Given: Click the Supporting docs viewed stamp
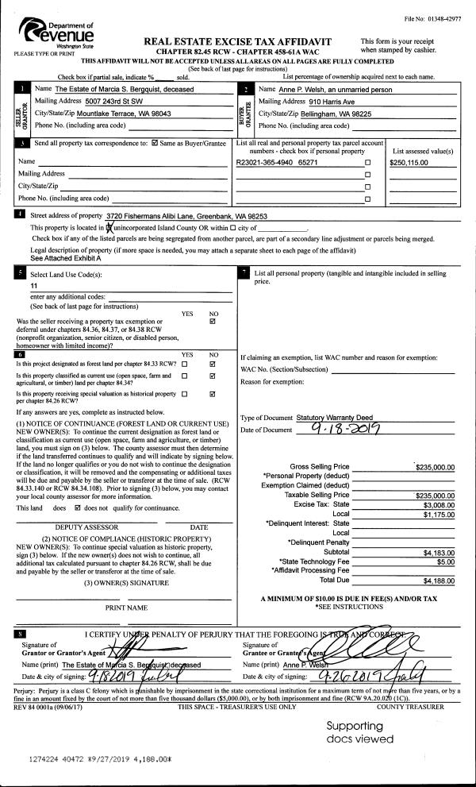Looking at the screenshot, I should pos(359,732).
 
